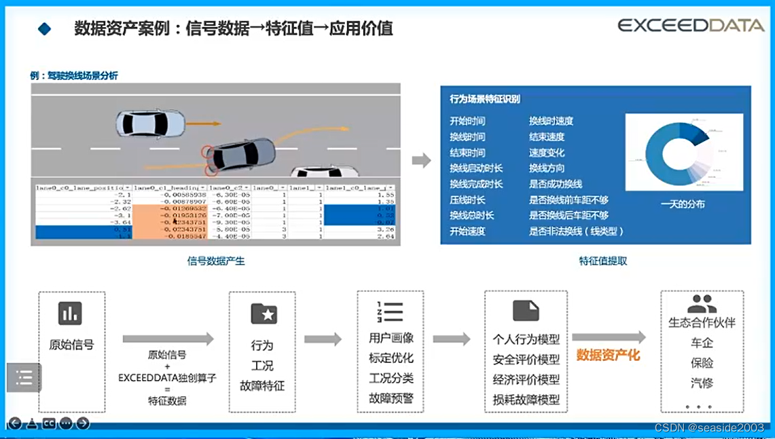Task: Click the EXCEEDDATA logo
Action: (x=690, y=25)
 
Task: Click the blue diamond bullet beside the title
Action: (x=45, y=28)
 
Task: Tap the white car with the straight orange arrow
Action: (x=150, y=123)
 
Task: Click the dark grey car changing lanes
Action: (x=242, y=154)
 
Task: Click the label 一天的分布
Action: (x=683, y=204)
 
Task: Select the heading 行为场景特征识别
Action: (x=485, y=99)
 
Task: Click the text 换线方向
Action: (x=547, y=168)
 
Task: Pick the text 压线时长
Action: (x=467, y=200)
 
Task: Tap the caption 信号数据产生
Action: (x=216, y=261)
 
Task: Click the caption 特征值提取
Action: (x=603, y=261)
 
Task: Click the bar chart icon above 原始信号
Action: (x=70, y=313)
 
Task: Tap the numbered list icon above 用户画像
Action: (x=390, y=311)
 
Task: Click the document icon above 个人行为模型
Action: (x=526, y=311)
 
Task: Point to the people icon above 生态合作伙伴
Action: (x=702, y=304)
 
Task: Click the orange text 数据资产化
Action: (x=608, y=355)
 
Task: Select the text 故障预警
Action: (x=391, y=398)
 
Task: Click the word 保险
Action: (x=702, y=363)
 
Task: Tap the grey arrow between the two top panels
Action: (x=421, y=161)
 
